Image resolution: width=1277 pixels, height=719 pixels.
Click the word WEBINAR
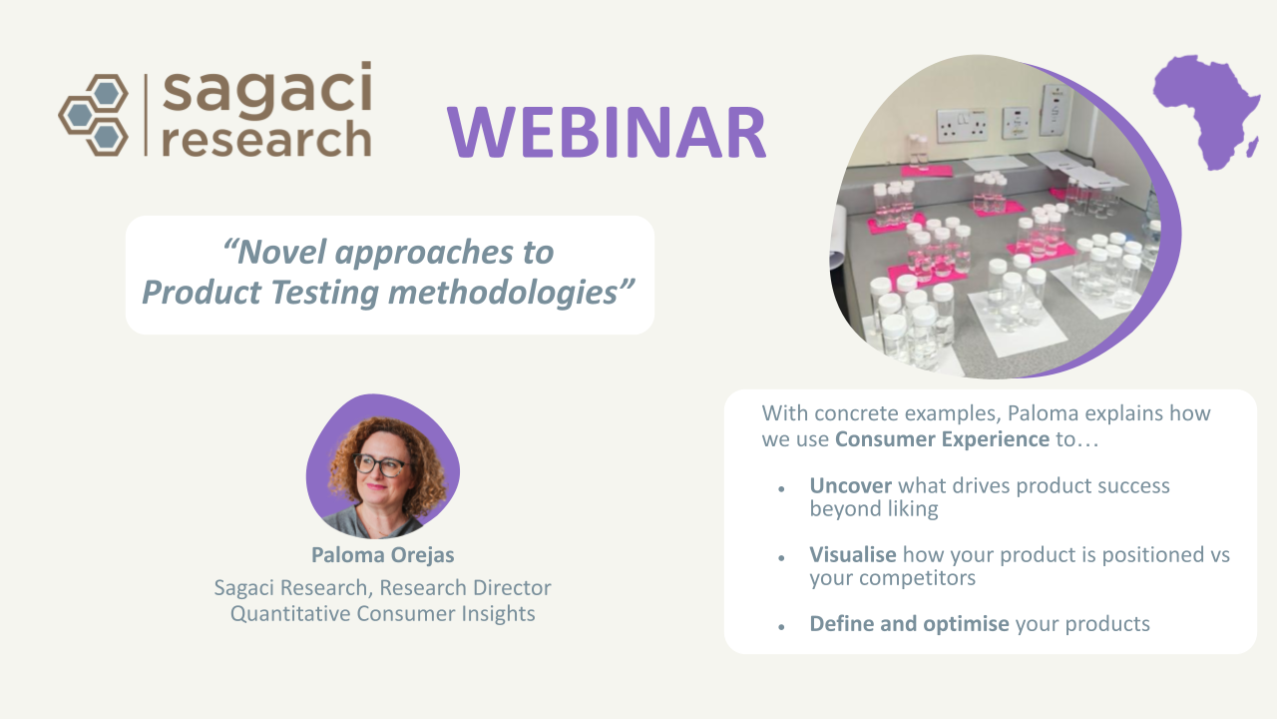[x=607, y=133]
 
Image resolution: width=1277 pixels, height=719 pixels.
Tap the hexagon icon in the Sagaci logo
[x=94, y=115]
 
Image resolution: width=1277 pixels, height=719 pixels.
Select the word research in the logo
[x=266, y=140]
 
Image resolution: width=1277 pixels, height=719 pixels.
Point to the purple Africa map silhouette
[x=1206, y=112]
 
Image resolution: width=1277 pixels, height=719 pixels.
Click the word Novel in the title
[x=281, y=252]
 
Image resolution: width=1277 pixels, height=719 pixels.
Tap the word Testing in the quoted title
[x=324, y=294]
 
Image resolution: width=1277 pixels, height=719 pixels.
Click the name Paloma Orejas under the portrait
[x=382, y=554]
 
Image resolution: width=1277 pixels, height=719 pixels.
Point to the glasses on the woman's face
[x=380, y=465]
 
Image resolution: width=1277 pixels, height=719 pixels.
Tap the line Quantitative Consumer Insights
[x=382, y=614]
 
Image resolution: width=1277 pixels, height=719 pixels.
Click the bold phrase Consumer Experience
[x=942, y=439]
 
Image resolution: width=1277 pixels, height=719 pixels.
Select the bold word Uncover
[x=851, y=485]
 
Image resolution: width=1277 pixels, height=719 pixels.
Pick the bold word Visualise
[x=853, y=554]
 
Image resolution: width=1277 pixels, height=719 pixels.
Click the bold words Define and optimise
[x=909, y=624]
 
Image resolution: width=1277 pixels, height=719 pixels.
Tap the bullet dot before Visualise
[x=781, y=558]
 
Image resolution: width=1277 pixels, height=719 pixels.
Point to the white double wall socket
[x=962, y=125]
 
